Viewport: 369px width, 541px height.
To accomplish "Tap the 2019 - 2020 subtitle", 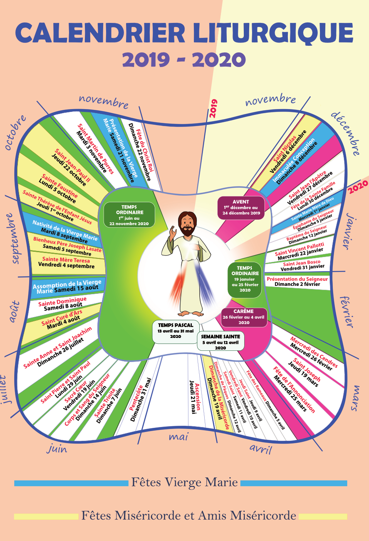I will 184,60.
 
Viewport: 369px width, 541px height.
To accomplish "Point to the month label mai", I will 179,437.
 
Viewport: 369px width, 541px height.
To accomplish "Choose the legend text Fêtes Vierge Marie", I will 184,483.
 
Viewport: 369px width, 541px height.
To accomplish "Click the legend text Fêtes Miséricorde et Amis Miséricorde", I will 188,516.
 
